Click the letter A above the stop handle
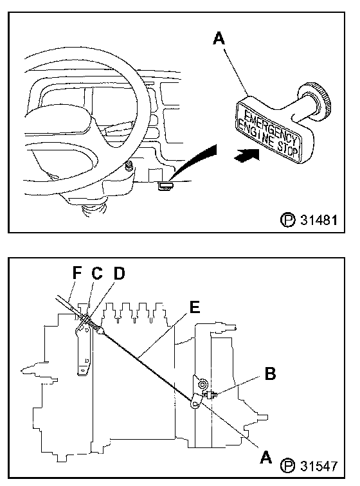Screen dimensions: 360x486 [219, 39]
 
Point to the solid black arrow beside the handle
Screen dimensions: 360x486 [246, 154]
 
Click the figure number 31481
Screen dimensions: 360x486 [318, 220]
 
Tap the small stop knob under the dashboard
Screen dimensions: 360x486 [166, 186]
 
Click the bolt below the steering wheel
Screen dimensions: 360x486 [129, 166]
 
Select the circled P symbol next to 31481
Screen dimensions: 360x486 [287, 220]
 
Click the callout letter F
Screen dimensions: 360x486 [77, 273]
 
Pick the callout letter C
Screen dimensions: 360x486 [96, 273]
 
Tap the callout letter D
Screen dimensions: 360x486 [119, 273]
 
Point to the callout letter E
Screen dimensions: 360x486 [194, 307]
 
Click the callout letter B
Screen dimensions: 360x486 [270, 373]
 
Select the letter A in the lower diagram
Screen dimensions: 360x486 [265, 457]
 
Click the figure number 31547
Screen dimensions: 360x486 [318, 465]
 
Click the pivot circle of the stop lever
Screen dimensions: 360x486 [202, 384]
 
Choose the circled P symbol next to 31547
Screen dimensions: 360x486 [287, 465]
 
